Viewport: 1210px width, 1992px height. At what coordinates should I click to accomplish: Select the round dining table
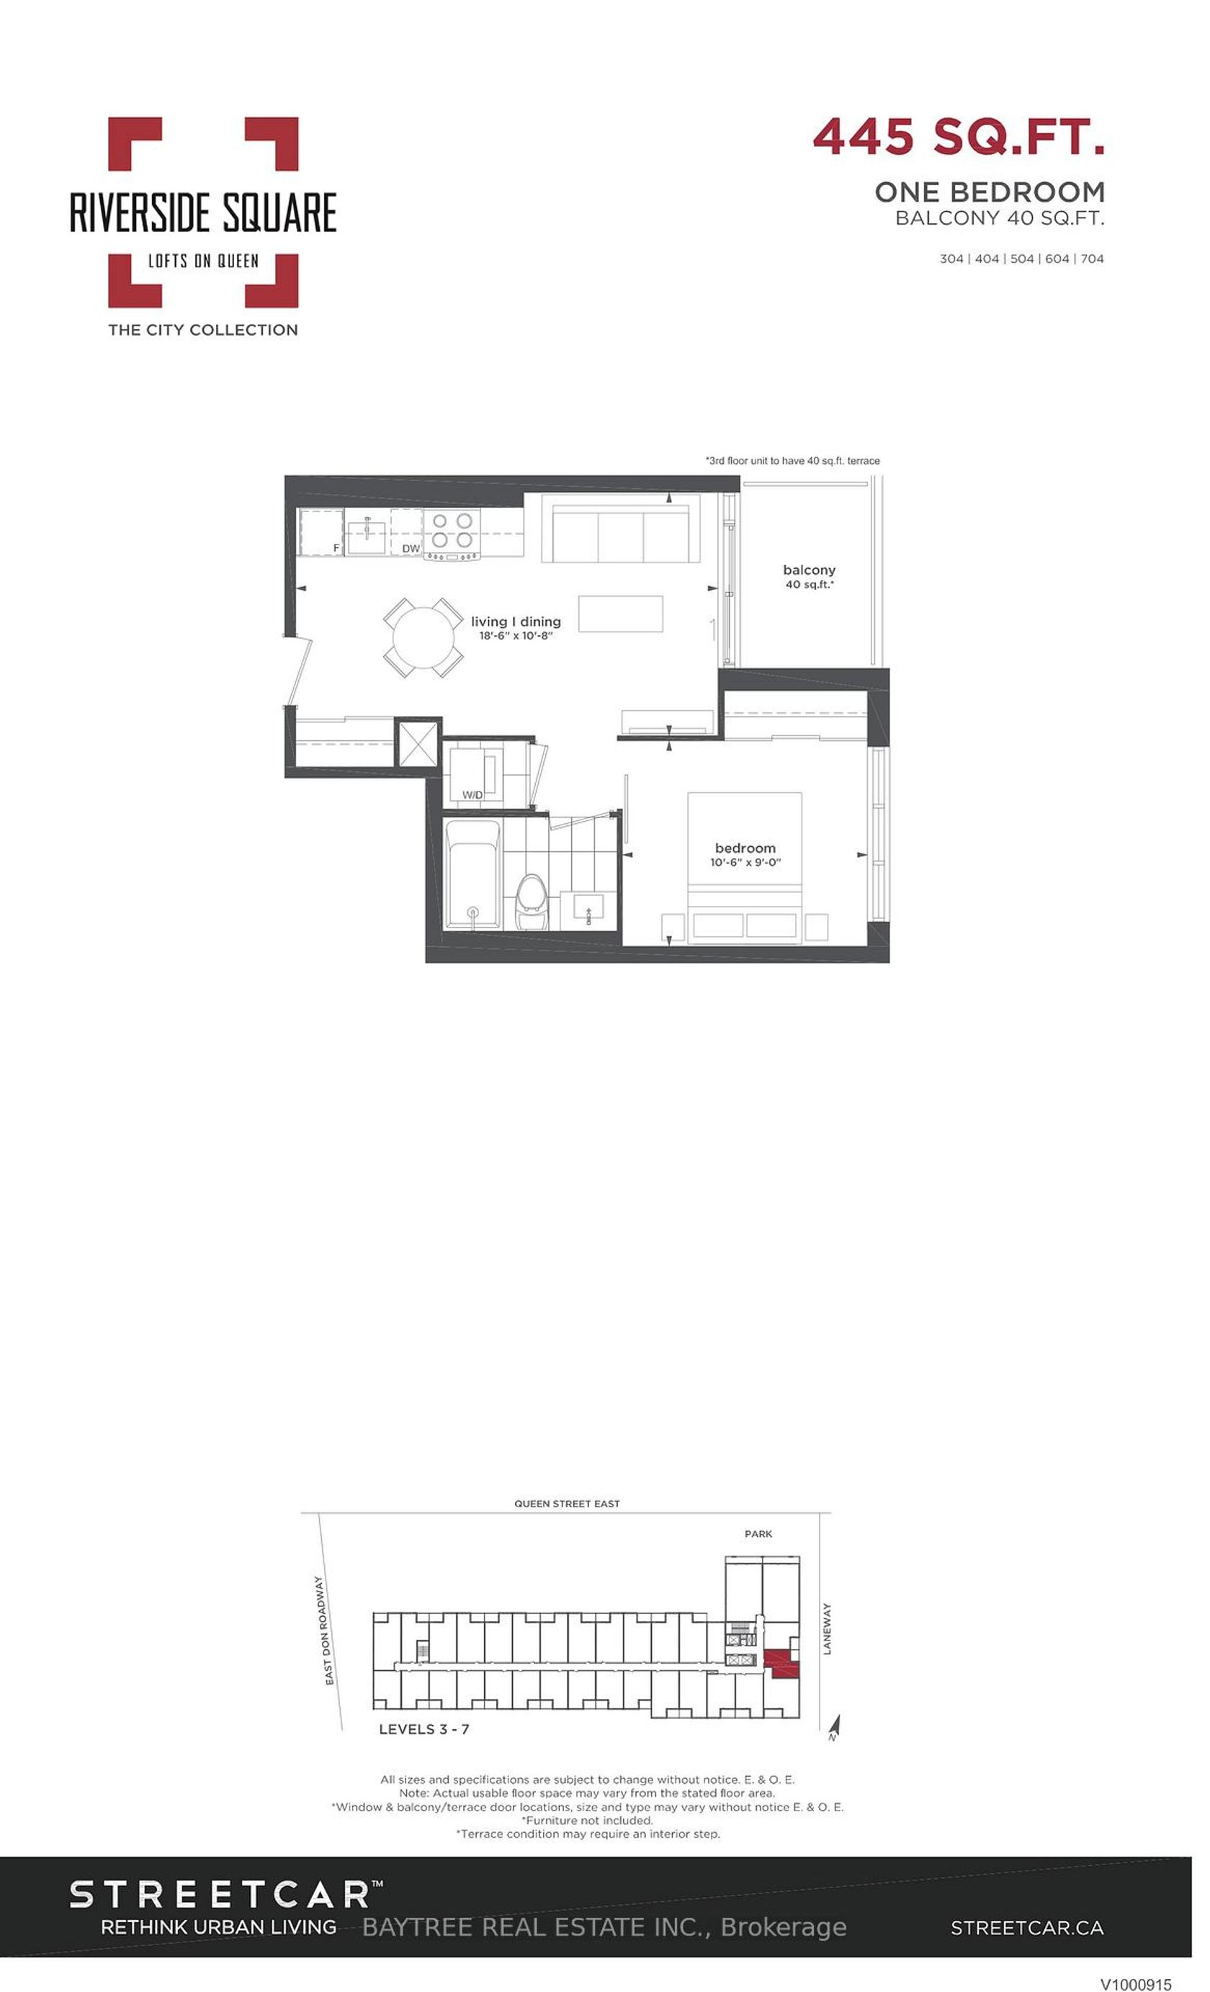(x=423, y=637)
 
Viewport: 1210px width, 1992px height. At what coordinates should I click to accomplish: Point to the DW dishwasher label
(x=411, y=548)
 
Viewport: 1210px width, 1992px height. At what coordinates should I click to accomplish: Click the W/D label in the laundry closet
(x=472, y=794)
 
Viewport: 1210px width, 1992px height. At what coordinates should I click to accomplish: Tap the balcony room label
(x=809, y=570)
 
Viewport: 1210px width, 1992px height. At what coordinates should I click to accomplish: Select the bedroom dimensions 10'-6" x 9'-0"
(x=745, y=863)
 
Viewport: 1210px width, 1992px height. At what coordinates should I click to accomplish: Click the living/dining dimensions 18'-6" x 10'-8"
(x=516, y=636)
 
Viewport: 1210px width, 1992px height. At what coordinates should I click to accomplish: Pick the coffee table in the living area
(x=621, y=614)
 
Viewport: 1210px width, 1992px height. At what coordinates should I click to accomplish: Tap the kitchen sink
(x=366, y=536)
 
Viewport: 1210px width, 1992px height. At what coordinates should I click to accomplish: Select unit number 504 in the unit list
(x=1022, y=259)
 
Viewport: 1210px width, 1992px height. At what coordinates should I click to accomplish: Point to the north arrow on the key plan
(x=835, y=1727)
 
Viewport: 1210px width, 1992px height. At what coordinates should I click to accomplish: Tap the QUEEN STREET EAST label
(x=567, y=1504)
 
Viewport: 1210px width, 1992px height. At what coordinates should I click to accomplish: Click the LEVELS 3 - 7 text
(x=424, y=1729)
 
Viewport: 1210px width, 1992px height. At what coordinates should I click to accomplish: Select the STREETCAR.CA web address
(x=1026, y=1927)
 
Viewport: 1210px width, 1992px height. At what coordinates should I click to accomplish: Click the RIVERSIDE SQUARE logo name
(x=203, y=212)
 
